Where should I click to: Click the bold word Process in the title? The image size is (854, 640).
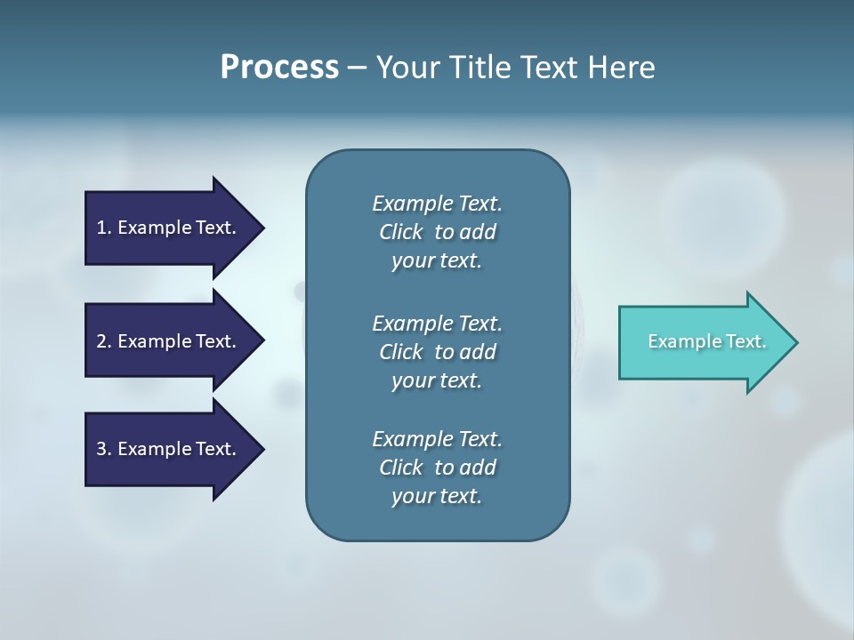click(279, 68)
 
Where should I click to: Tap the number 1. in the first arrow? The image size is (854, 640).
click(104, 228)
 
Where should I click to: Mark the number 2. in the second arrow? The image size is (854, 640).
click(104, 341)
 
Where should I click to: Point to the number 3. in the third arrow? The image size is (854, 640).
click(104, 449)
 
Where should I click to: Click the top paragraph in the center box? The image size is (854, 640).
click(437, 232)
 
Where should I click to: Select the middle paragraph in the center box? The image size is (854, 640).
click(437, 351)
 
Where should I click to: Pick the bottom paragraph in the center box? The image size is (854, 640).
click(437, 468)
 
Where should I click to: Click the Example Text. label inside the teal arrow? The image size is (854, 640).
click(707, 341)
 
